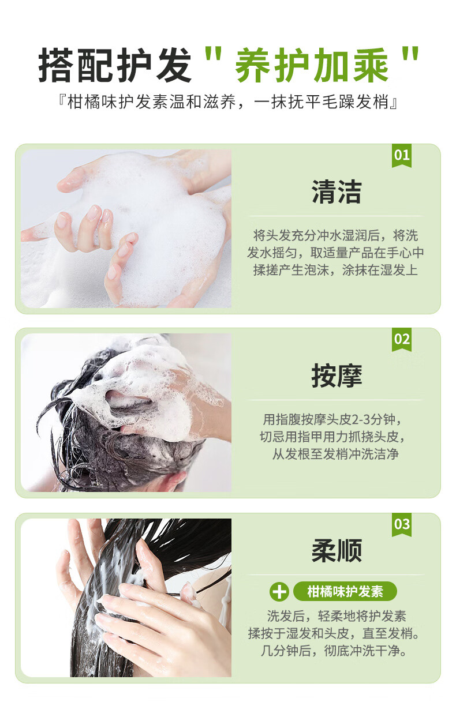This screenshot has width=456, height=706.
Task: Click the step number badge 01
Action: coord(401,156)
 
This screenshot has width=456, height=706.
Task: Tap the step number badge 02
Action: coord(401,340)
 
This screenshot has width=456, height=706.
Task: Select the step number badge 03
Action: coord(401,525)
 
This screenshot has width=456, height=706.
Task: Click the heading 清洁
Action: coord(336,191)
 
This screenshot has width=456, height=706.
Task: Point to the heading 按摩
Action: coord(336,375)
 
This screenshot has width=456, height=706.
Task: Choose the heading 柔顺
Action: coord(336,551)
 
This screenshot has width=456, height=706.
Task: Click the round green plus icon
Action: coord(279,592)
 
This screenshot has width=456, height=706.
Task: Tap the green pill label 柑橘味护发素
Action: coord(345,591)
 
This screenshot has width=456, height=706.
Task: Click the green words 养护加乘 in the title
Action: coord(312,65)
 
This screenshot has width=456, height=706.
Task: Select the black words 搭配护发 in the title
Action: coord(115,65)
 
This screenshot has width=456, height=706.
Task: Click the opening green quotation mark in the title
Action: coord(213,54)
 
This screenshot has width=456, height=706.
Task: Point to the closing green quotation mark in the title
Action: coord(410,54)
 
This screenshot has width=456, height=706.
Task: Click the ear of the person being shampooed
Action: coord(173,481)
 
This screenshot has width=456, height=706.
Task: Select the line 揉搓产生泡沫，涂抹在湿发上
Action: coord(335,270)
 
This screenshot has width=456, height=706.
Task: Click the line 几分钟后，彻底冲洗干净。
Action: coord(334,651)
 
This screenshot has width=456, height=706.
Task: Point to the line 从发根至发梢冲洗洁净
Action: coord(335,454)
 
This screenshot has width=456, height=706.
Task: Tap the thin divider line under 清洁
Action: coord(335,216)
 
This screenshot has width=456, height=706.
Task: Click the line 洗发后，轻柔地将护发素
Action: coord(337,616)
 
